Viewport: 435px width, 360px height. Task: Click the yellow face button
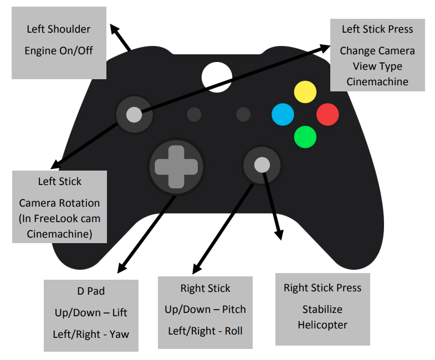(x=305, y=92)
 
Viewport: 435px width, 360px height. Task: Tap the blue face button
(x=283, y=114)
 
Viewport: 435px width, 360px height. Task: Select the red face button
(x=327, y=114)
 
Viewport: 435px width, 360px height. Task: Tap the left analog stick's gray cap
(x=134, y=115)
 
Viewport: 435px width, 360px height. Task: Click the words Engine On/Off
(x=59, y=50)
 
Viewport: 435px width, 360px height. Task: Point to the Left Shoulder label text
(x=59, y=29)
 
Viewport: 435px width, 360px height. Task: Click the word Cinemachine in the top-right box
(x=377, y=81)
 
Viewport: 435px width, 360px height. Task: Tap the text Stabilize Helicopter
(x=322, y=317)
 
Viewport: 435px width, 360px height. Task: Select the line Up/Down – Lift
(x=91, y=312)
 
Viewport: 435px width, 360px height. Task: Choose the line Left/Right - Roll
(x=205, y=331)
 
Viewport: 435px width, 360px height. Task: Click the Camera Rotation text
(x=59, y=203)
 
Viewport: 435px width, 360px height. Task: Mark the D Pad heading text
(x=91, y=291)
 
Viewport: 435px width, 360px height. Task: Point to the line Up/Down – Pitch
(x=205, y=309)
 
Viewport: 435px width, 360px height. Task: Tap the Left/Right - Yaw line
(x=91, y=334)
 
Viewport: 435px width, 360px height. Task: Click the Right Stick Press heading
(x=322, y=288)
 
